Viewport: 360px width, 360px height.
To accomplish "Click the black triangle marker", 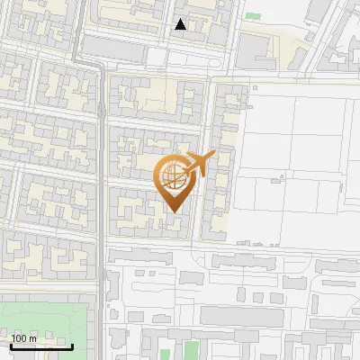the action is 181,24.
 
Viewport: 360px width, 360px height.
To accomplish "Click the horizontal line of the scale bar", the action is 41,346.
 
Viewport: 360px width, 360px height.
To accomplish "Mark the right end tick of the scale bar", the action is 72,345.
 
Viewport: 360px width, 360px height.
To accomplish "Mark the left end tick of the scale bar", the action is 11,345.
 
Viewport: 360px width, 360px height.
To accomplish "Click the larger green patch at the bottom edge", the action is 191,349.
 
